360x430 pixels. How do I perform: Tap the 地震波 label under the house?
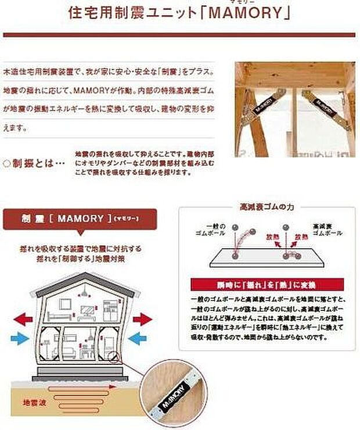(x=33, y=402)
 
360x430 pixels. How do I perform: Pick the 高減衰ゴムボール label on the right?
(x=323, y=229)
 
